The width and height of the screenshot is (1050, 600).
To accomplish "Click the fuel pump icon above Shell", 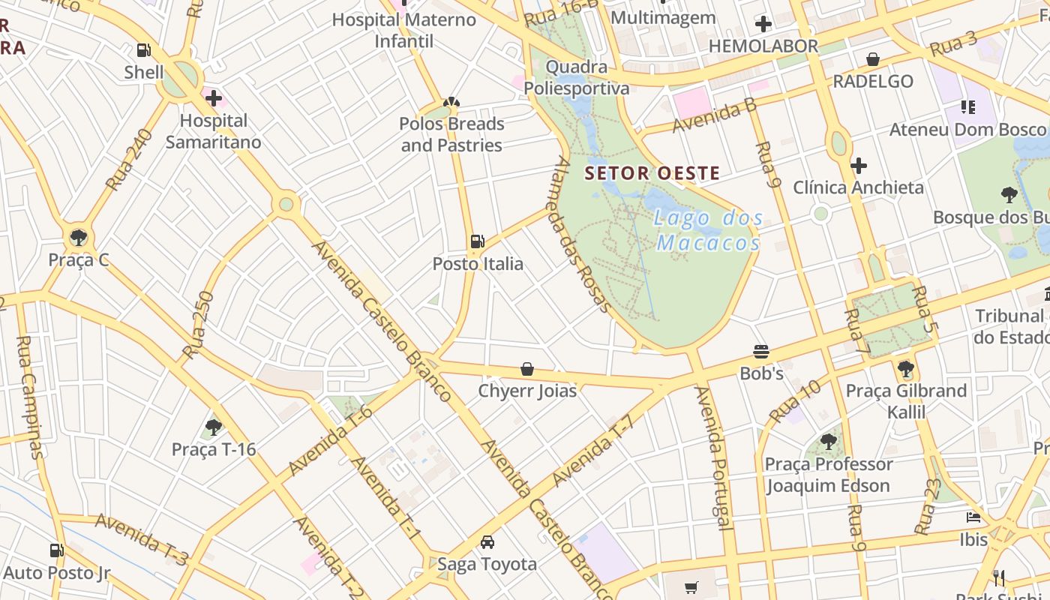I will tap(143, 50).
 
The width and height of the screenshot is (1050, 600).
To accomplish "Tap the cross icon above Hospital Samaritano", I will tap(214, 97).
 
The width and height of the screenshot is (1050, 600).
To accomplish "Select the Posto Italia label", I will tap(478, 264).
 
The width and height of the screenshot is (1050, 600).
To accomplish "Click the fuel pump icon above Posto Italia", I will tap(478, 241).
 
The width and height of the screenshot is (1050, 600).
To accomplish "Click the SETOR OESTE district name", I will tap(652, 173).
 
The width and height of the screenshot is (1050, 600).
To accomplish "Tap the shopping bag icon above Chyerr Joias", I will tap(527, 369).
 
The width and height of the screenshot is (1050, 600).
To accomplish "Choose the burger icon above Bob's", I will tap(761, 352).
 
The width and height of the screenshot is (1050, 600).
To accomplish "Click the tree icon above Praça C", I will tap(78, 238).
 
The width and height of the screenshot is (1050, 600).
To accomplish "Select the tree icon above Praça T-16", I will tap(214, 427).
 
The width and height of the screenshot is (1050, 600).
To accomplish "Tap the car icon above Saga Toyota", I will tap(487, 541).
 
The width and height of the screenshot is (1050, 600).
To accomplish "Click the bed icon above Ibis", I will tap(973, 517).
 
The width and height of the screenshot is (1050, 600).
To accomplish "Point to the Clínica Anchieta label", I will tap(858, 187).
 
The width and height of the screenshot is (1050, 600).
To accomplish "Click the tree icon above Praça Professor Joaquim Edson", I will tap(828, 441).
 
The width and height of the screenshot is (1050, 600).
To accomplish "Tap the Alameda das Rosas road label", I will tap(583, 234).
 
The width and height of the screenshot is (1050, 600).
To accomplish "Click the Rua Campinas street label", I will tap(30, 397).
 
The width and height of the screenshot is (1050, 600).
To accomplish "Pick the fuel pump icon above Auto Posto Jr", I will tap(56, 550).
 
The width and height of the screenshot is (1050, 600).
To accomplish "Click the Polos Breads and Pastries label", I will tap(451, 134).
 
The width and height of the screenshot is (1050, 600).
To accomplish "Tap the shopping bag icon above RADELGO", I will tap(873, 58).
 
